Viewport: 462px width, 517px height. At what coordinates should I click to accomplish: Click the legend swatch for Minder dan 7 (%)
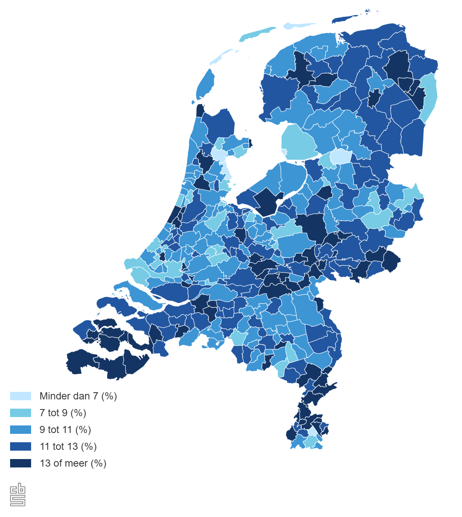(x=21, y=396)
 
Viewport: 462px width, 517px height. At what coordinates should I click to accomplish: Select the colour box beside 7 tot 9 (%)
(x=21, y=413)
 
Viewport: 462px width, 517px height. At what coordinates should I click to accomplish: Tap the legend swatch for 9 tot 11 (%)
(x=21, y=430)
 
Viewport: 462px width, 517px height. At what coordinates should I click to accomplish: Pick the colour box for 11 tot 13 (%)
(x=21, y=446)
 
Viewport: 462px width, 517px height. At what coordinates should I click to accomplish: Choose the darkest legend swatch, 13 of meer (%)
(x=21, y=463)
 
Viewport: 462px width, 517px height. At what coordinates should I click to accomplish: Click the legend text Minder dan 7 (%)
(x=78, y=396)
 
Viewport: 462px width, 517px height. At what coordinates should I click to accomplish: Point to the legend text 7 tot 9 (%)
(x=63, y=413)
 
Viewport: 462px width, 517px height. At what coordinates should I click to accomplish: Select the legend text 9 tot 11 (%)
(x=65, y=430)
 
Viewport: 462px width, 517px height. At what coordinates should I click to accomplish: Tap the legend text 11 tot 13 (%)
(x=68, y=446)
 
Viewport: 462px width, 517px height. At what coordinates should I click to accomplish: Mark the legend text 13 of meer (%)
(x=73, y=463)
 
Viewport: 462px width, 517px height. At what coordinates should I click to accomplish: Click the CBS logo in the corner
(x=18, y=495)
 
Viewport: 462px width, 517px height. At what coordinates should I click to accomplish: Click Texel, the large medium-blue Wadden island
(x=206, y=84)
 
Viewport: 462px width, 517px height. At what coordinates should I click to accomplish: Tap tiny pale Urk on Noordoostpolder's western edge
(x=284, y=151)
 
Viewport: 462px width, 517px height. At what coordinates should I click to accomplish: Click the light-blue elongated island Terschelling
(x=256, y=34)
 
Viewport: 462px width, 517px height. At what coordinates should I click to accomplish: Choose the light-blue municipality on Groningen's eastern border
(x=429, y=97)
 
